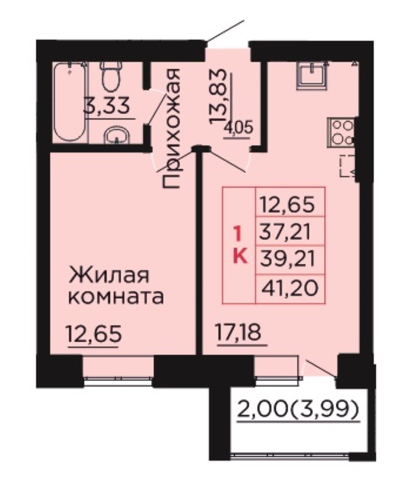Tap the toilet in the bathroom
111,75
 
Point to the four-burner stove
342,132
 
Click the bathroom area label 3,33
106,106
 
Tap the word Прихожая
171,128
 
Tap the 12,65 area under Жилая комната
94,333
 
